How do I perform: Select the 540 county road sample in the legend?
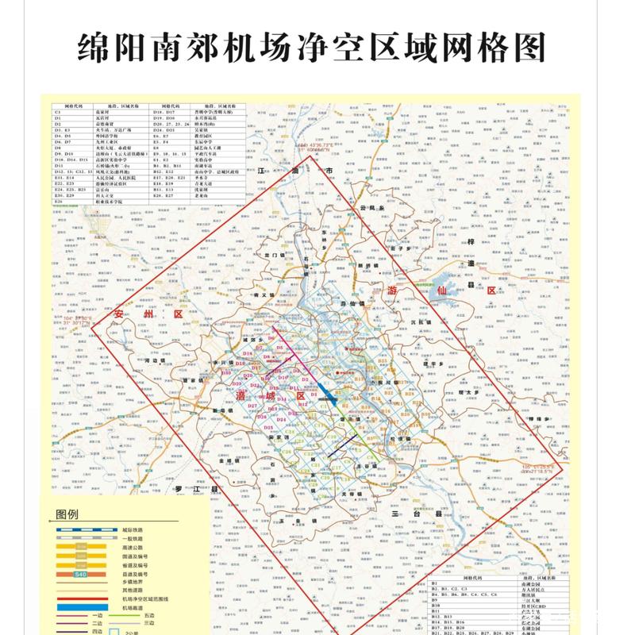point(79,574)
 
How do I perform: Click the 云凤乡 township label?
point(371,208)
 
